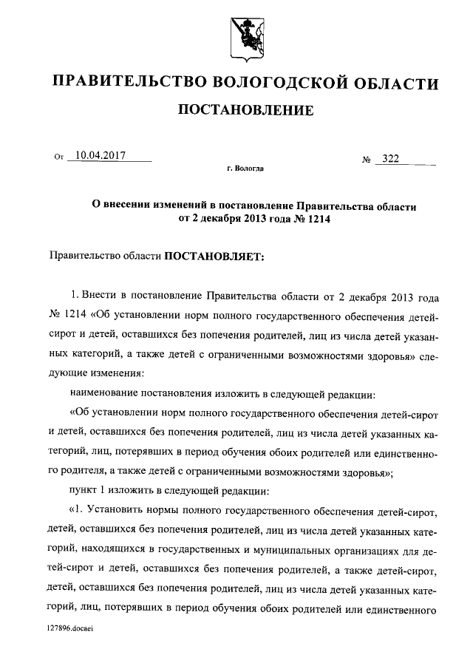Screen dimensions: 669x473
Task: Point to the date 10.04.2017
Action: click(x=98, y=155)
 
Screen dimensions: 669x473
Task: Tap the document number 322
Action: click(x=389, y=159)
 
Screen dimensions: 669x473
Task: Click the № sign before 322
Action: click(x=365, y=160)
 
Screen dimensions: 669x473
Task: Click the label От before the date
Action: click(x=59, y=157)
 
